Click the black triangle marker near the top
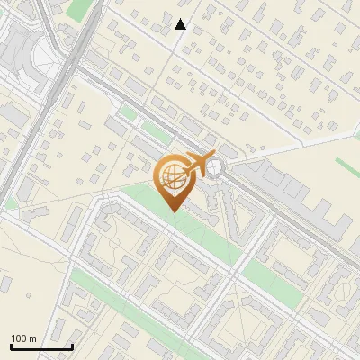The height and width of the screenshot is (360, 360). (x=181, y=24)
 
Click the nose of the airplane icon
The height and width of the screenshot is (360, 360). (x=213, y=157)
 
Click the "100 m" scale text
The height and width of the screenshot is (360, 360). (x=23, y=338)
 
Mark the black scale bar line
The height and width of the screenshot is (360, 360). (x=40, y=346)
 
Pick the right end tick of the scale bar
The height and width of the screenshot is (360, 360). (x=71, y=345)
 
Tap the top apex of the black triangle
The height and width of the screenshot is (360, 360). (x=181, y=19)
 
